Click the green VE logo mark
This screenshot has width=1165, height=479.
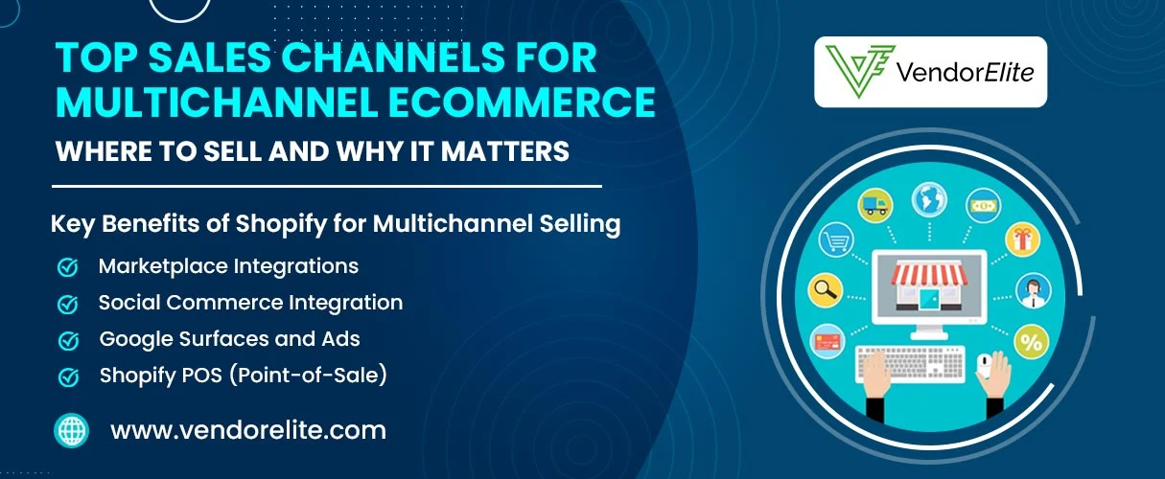pos(856,72)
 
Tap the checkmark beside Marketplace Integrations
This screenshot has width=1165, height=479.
pos(68,267)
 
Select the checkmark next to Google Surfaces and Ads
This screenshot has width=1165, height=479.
pos(68,340)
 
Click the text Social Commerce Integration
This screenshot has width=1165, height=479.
pos(250,303)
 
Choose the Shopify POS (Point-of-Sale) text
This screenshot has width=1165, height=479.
pos(244,376)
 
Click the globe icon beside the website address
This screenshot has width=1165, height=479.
pos(72,430)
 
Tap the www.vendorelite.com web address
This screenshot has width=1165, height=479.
pos(248,430)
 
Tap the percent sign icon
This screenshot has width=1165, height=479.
pos(1031,341)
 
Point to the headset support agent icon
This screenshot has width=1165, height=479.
pos(1031,288)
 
